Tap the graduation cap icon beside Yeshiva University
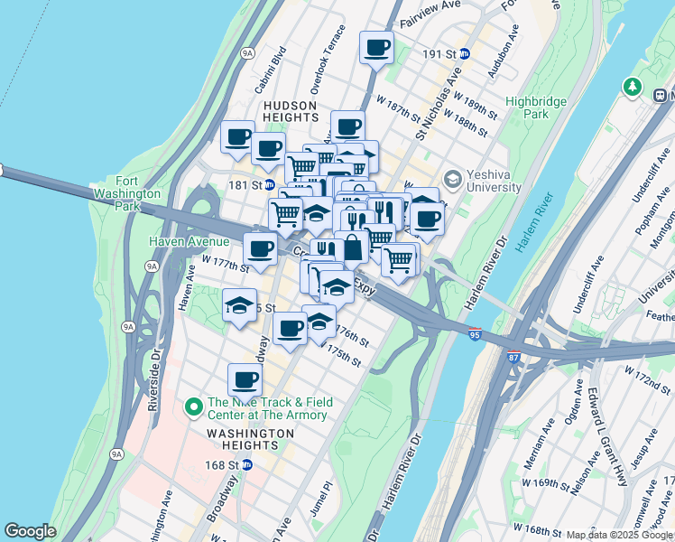(452, 181)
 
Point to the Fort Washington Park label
(125, 192)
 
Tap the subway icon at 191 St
(465, 54)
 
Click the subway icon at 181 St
(269, 185)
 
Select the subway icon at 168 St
(246, 465)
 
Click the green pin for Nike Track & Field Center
(192, 407)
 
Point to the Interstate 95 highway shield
(475, 335)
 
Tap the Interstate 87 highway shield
(513, 357)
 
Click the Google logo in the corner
(30, 531)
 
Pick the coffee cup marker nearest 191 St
(376, 48)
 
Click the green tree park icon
(632, 87)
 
